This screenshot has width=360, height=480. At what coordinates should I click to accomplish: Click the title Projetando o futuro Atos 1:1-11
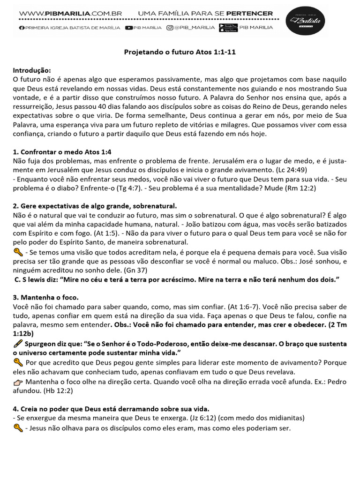180,52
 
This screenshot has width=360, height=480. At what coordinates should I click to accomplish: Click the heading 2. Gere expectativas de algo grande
95,206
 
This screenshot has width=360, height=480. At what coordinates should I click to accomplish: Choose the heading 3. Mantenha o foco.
45,298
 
